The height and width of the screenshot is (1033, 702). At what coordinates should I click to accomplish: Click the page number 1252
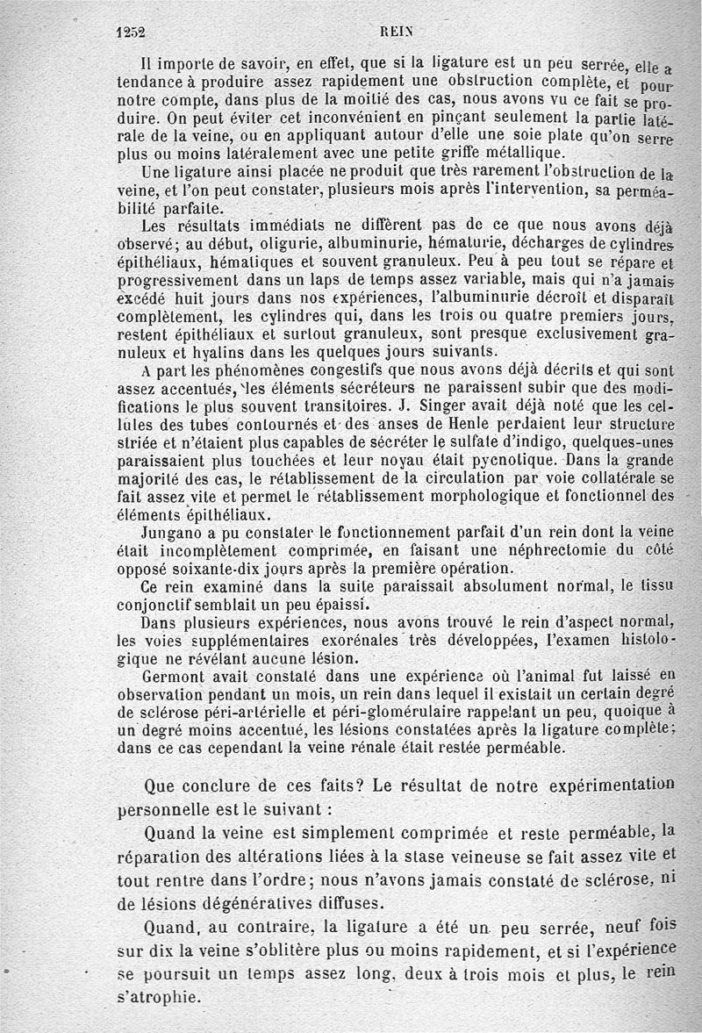coord(130,29)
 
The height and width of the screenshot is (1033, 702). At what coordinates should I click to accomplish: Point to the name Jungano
coord(171,532)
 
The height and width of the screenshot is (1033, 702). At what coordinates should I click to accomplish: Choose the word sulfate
coord(470,441)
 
